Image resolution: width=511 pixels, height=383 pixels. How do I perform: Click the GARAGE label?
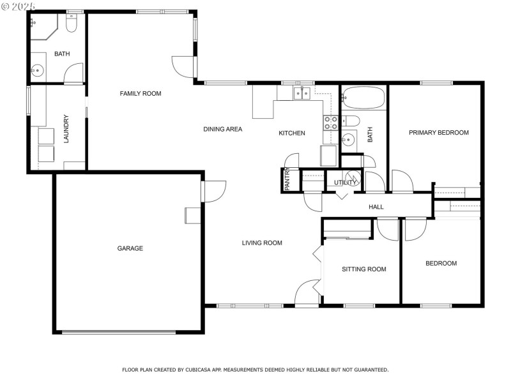[130, 248]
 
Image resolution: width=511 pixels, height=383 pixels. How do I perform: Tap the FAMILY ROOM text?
[141, 94]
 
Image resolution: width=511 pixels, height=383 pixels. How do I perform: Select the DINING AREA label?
[223, 129]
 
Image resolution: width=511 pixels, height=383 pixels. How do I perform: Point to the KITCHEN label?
[292, 133]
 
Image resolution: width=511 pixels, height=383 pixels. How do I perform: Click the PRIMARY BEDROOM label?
[439, 133]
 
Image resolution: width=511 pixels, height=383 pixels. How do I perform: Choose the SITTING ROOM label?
[364, 269]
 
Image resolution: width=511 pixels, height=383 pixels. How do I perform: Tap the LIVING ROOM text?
[262, 243]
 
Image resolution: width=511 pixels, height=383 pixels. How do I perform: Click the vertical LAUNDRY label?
[66, 128]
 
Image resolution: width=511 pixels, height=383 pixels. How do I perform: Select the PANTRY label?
[287, 179]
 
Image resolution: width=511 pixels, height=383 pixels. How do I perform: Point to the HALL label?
[376, 207]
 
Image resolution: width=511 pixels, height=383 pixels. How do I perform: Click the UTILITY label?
[346, 183]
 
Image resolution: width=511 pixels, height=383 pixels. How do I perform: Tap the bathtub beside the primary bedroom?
[363, 98]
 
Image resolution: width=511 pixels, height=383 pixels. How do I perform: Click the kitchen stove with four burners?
[330, 123]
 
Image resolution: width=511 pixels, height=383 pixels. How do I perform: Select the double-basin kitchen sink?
[301, 93]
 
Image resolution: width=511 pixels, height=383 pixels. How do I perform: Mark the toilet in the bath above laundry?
[71, 24]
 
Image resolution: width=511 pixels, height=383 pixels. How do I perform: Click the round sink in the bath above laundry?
[36, 71]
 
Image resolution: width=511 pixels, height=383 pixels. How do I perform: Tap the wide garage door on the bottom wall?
[119, 332]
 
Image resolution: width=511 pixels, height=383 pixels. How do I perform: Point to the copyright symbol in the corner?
[6, 6]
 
